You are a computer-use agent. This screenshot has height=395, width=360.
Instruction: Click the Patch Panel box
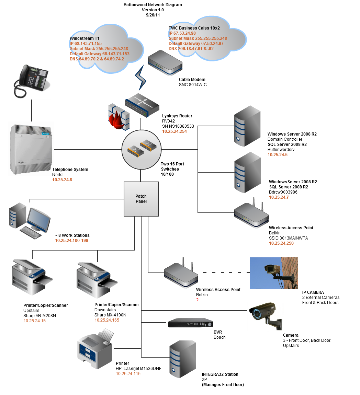(x=141, y=199)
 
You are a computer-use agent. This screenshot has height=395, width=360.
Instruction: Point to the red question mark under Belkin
(x=198, y=300)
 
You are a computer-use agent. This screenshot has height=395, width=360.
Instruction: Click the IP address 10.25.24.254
(x=175, y=131)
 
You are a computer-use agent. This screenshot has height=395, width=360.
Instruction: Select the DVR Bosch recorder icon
(x=190, y=323)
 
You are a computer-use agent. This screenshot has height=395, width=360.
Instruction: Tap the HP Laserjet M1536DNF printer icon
(x=95, y=347)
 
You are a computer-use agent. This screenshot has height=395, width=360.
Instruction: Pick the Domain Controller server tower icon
(x=247, y=126)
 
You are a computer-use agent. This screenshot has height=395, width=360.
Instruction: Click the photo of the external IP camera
(x=274, y=273)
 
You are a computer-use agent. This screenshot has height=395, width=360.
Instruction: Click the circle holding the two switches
(x=141, y=150)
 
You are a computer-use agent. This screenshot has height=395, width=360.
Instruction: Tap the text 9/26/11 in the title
(x=153, y=15)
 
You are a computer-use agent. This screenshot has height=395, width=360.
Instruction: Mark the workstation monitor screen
(x=38, y=218)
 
